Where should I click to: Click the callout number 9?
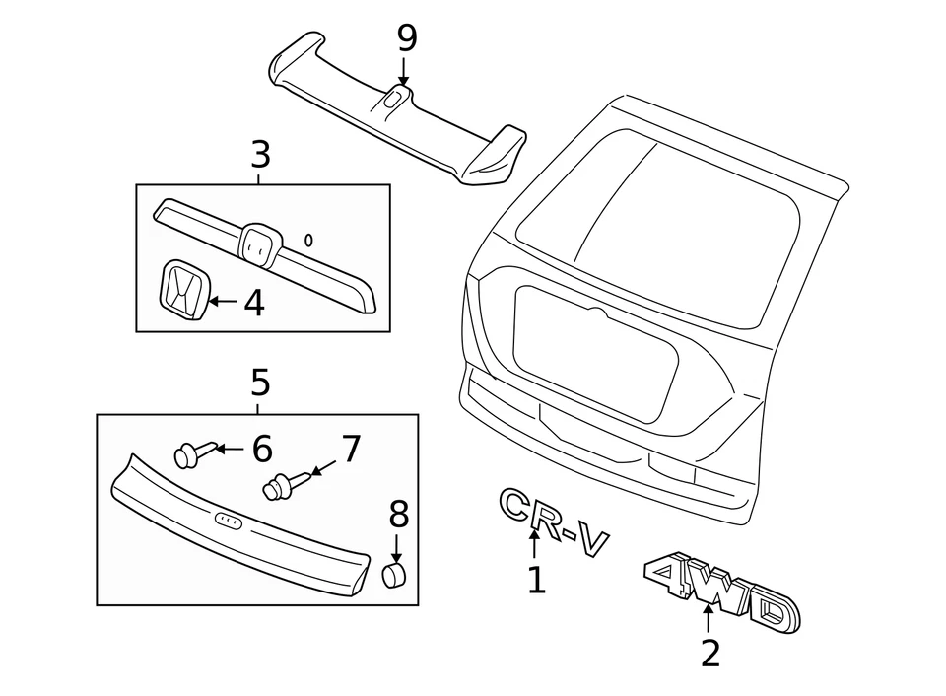407,39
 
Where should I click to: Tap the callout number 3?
260,155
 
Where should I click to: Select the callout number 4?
254,303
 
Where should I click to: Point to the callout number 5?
260,382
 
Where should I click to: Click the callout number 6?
261,449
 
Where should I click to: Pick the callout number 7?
351,449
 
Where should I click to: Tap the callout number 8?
398,514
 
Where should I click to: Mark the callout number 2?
710,653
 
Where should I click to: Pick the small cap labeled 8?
394,575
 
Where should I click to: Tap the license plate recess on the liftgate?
596,352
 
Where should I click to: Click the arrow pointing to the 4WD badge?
709,620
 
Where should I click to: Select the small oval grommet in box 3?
309,239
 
